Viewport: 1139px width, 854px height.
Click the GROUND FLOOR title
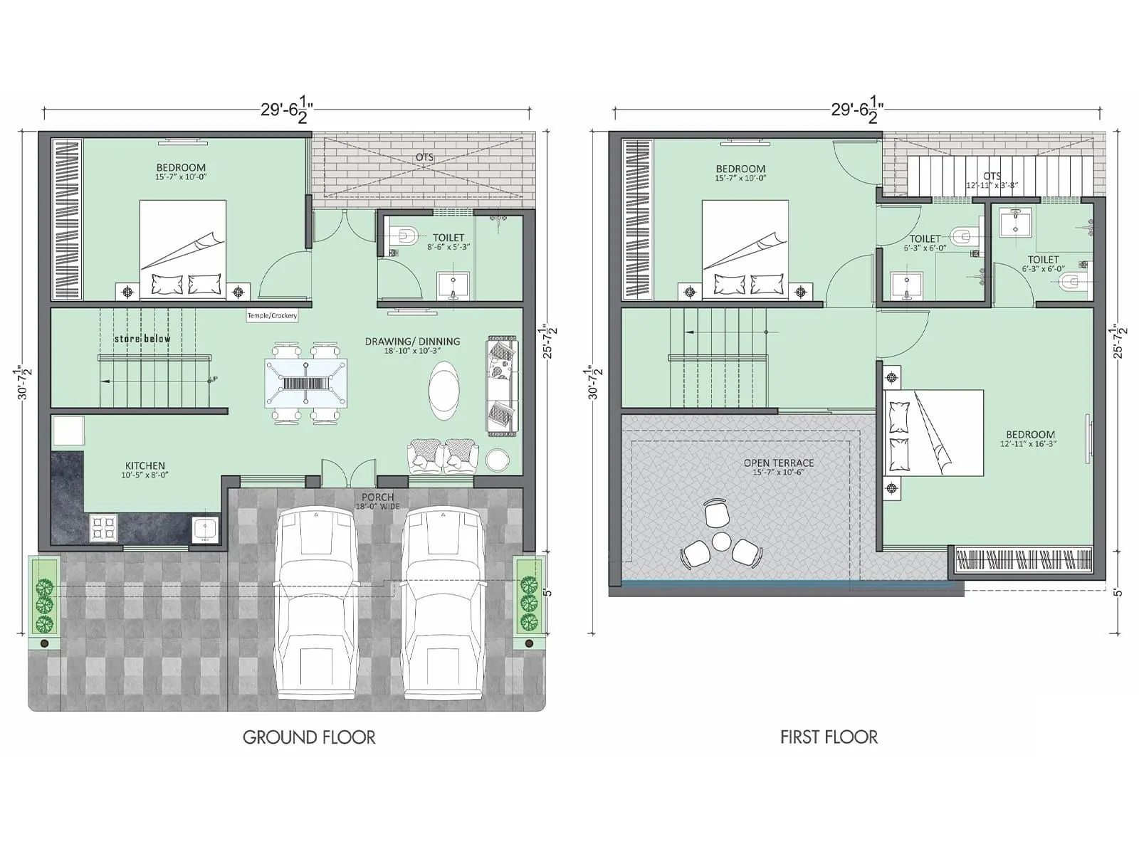click(x=309, y=737)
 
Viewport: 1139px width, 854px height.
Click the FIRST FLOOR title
click(x=829, y=737)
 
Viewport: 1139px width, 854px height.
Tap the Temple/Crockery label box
click(x=272, y=315)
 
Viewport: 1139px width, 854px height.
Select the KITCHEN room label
click(x=145, y=470)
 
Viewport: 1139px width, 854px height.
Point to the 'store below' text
click(x=142, y=339)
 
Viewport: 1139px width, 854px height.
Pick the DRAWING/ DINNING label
click(x=412, y=345)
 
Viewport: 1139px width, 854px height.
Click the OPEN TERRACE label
click(x=778, y=466)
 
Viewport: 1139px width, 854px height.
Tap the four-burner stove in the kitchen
click(x=104, y=528)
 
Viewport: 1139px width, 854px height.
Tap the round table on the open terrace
click(x=723, y=542)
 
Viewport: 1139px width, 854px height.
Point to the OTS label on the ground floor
click(x=424, y=157)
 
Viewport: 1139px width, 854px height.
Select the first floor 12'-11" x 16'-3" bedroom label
click(x=1030, y=438)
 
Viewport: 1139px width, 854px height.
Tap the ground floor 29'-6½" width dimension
click(x=287, y=111)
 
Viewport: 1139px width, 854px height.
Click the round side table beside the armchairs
click(x=497, y=460)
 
